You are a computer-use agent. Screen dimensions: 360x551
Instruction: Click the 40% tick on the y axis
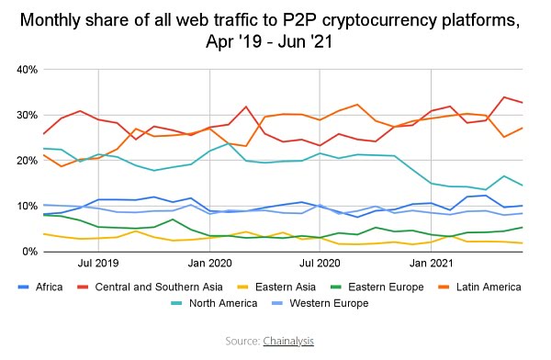[24, 70]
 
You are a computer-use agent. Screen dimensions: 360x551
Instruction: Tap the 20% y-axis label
[24, 161]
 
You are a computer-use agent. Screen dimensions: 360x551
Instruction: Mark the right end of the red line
[523, 102]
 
